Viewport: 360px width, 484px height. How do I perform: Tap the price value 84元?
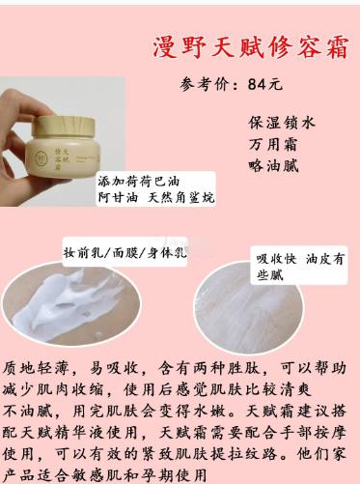pos(264,83)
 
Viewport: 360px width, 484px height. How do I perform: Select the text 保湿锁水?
pos(281,123)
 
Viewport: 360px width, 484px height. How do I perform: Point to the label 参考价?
pos(205,83)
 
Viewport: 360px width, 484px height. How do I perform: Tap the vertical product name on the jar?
pos(82,157)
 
